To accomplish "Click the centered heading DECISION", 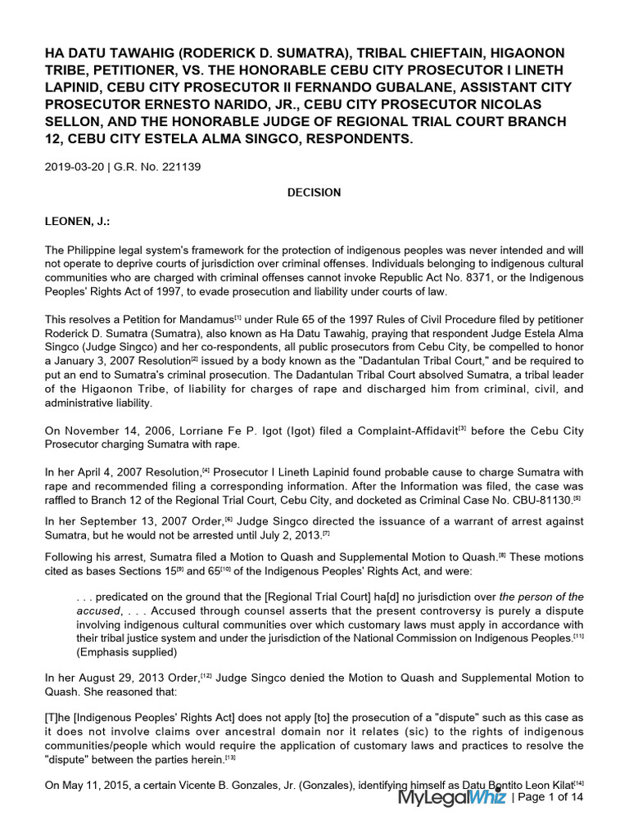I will (x=314, y=192).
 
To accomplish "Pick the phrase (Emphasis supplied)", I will (x=123, y=651).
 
